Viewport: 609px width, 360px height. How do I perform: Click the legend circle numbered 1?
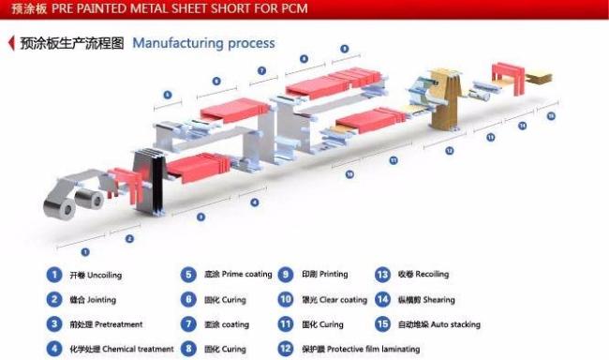point(54,275)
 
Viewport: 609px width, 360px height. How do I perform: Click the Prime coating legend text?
point(244,276)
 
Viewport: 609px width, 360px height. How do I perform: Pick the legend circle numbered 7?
point(188,324)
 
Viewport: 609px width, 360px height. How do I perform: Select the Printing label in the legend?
point(334,275)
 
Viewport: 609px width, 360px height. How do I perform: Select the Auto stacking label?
point(453,324)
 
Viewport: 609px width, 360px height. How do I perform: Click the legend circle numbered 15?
point(381,324)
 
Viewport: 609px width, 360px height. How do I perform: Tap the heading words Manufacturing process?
point(203,43)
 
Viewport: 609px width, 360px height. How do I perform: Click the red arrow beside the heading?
point(10,43)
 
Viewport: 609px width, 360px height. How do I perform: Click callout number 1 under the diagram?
point(86,252)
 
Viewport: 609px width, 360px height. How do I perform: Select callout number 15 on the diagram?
point(551,116)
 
